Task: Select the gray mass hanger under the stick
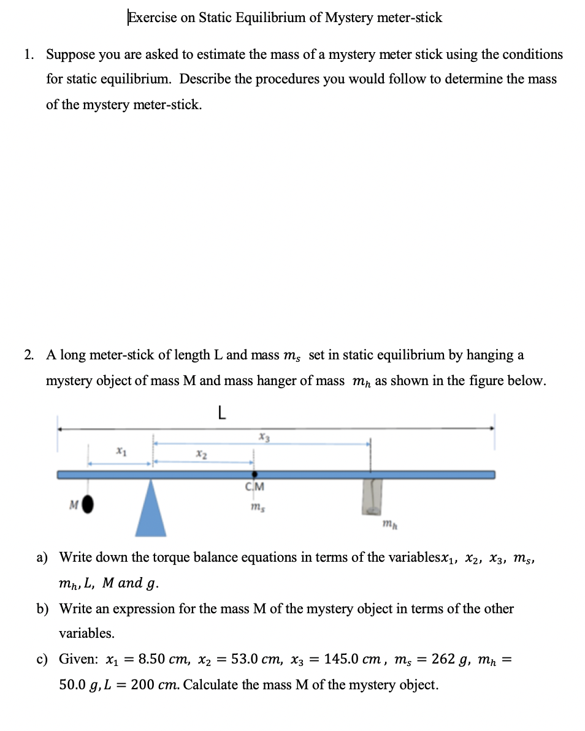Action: click(x=372, y=496)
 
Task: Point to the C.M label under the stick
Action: click(x=255, y=488)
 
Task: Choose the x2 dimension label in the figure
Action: click(x=201, y=454)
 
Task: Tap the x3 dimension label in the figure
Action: click(x=264, y=437)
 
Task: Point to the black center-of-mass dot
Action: click(x=254, y=475)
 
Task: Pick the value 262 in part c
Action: click(x=443, y=659)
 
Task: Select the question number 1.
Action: click(x=28, y=55)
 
